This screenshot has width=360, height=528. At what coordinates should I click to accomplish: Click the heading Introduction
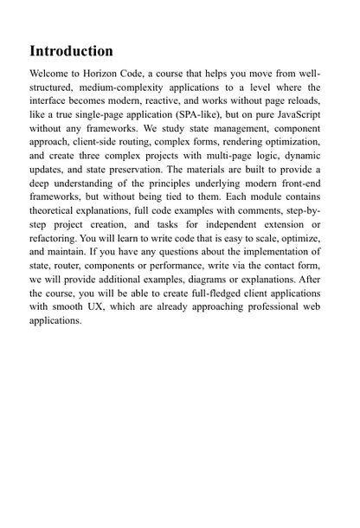click(71, 51)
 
